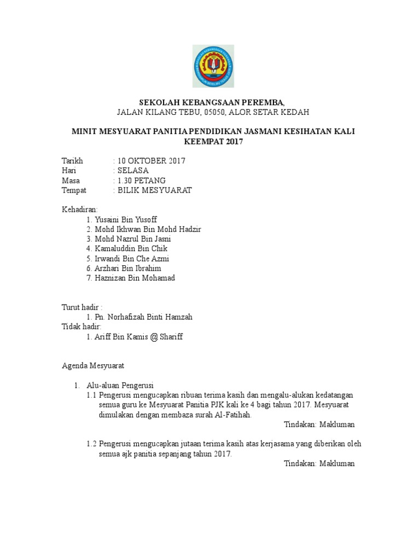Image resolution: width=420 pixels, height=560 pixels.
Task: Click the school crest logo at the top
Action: pos(213,67)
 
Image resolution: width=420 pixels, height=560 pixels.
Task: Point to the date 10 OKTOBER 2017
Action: pos(151,161)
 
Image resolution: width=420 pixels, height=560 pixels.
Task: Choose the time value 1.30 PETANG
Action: pos(141,180)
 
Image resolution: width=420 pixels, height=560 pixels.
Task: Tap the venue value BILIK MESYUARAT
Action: pos(154,190)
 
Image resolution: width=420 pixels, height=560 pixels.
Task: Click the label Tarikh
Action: pos(72,161)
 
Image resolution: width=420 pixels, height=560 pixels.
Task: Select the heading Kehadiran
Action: pos(79,209)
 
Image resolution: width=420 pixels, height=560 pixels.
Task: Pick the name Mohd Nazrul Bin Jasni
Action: pos(136,239)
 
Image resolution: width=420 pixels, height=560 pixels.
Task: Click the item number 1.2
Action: pos(91,444)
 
